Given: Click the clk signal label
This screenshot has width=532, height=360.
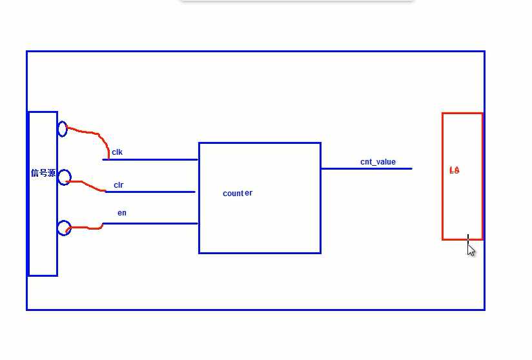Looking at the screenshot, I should [117, 153].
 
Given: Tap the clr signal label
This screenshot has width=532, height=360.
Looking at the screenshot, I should [119, 185].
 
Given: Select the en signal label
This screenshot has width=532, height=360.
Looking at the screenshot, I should [122, 213].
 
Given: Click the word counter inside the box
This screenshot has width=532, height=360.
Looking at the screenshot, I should [238, 194].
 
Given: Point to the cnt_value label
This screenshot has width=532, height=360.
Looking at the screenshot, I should [378, 162].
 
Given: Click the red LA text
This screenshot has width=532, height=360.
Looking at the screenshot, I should [455, 170].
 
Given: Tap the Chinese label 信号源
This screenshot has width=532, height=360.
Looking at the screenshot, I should [43, 173].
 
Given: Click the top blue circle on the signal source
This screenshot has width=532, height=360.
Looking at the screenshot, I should [63, 129].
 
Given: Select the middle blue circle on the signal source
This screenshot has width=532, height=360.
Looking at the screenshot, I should [65, 177].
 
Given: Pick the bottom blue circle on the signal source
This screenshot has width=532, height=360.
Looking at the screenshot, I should [64, 228].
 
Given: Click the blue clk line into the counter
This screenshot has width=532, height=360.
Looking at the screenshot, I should [155, 159].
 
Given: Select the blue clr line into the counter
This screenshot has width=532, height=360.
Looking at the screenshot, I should [155, 192].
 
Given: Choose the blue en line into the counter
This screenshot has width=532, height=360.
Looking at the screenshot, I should [155, 223].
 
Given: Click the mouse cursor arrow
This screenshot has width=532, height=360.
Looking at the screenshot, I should [471, 250].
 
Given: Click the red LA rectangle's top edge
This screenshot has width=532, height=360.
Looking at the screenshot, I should [462, 114].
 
